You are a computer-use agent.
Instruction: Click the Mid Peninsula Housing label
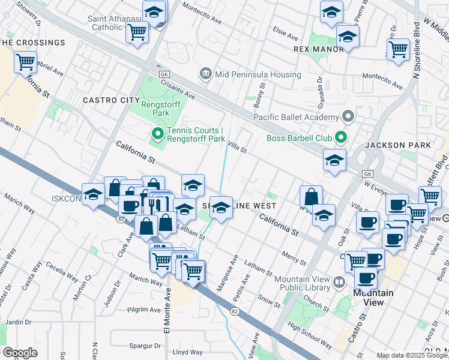(x=258, y=74)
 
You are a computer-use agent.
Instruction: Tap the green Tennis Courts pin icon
(x=157, y=133)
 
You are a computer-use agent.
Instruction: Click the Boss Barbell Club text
(x=300, y=139)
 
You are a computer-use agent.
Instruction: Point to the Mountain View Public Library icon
(x=339, y=282)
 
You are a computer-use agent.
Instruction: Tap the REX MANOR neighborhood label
(x=318, y=49)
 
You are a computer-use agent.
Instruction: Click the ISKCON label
(x=65, y=197)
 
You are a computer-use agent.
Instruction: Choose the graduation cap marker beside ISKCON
(x=93, y=194)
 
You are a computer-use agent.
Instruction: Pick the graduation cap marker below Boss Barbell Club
(x=334, y=160)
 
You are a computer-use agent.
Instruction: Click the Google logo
(x=20, y=352)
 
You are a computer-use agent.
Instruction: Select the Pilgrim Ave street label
(x=144, y=310)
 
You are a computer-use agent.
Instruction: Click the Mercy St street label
(x=293, y=259)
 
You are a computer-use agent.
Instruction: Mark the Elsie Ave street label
(x=285, y=30)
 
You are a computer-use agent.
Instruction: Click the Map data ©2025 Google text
(x=412, y=355)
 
